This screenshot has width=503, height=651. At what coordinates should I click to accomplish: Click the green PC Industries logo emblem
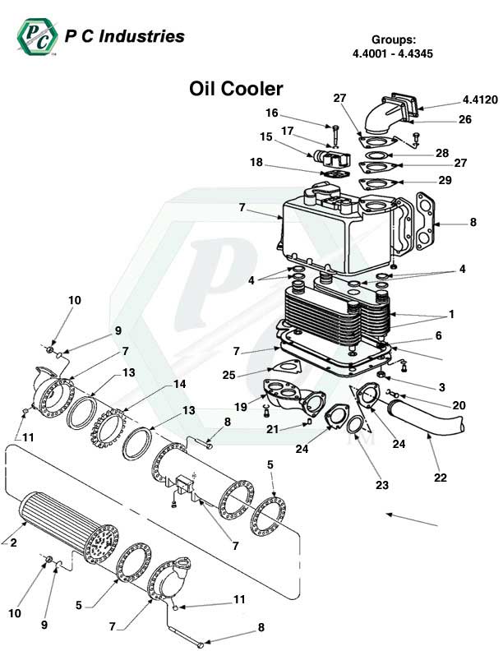click(x=36, y=36)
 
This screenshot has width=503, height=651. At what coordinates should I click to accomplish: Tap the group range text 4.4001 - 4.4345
click(x=392, y=53)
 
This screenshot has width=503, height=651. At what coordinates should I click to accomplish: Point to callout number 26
click(x=464, y=119)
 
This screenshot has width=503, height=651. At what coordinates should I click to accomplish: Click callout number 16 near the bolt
click(x=271, y=113)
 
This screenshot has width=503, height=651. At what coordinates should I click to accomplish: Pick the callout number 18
click(x=256, y=163)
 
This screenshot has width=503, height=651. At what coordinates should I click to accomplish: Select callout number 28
click(x=442, y=154)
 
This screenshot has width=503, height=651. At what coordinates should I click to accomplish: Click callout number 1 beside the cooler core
click(x=451, y=314)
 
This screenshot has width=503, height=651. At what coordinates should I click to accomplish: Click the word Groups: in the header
click(x=394, y=39)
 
